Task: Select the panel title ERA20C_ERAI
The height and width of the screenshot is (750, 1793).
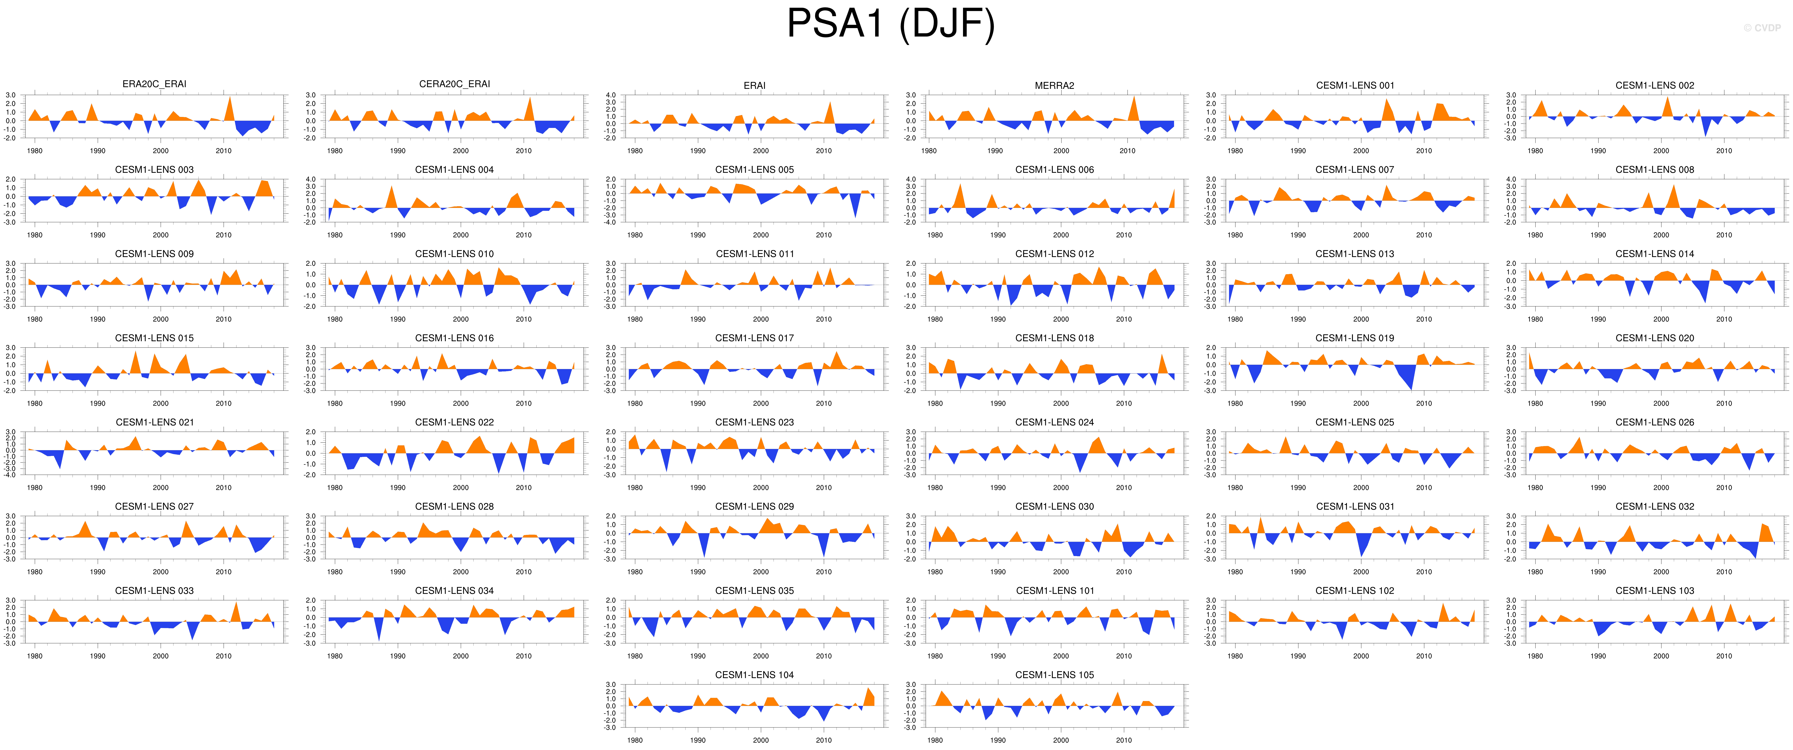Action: [x=155, y=84]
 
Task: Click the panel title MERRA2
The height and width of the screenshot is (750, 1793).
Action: [x=1054, y=85]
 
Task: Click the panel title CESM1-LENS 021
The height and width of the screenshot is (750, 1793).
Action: [x=155, y=422]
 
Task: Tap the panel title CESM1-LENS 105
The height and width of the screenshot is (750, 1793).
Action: [x=1054, y=675]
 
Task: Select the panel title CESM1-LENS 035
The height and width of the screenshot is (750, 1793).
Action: [x=755, y=591]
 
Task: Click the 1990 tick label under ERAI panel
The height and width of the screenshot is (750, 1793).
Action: [x=698, y=151]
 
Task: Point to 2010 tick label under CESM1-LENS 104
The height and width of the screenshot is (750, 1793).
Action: [x=824, y=740]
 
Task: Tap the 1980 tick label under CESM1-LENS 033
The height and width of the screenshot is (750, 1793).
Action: [x=35, y=656]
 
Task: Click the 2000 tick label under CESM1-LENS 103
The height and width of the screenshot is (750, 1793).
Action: [x=1661, y=656]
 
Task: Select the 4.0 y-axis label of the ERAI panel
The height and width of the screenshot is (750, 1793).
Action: [x=610, y=95]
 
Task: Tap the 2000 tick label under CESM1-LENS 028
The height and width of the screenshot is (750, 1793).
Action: [x=461, y=572]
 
